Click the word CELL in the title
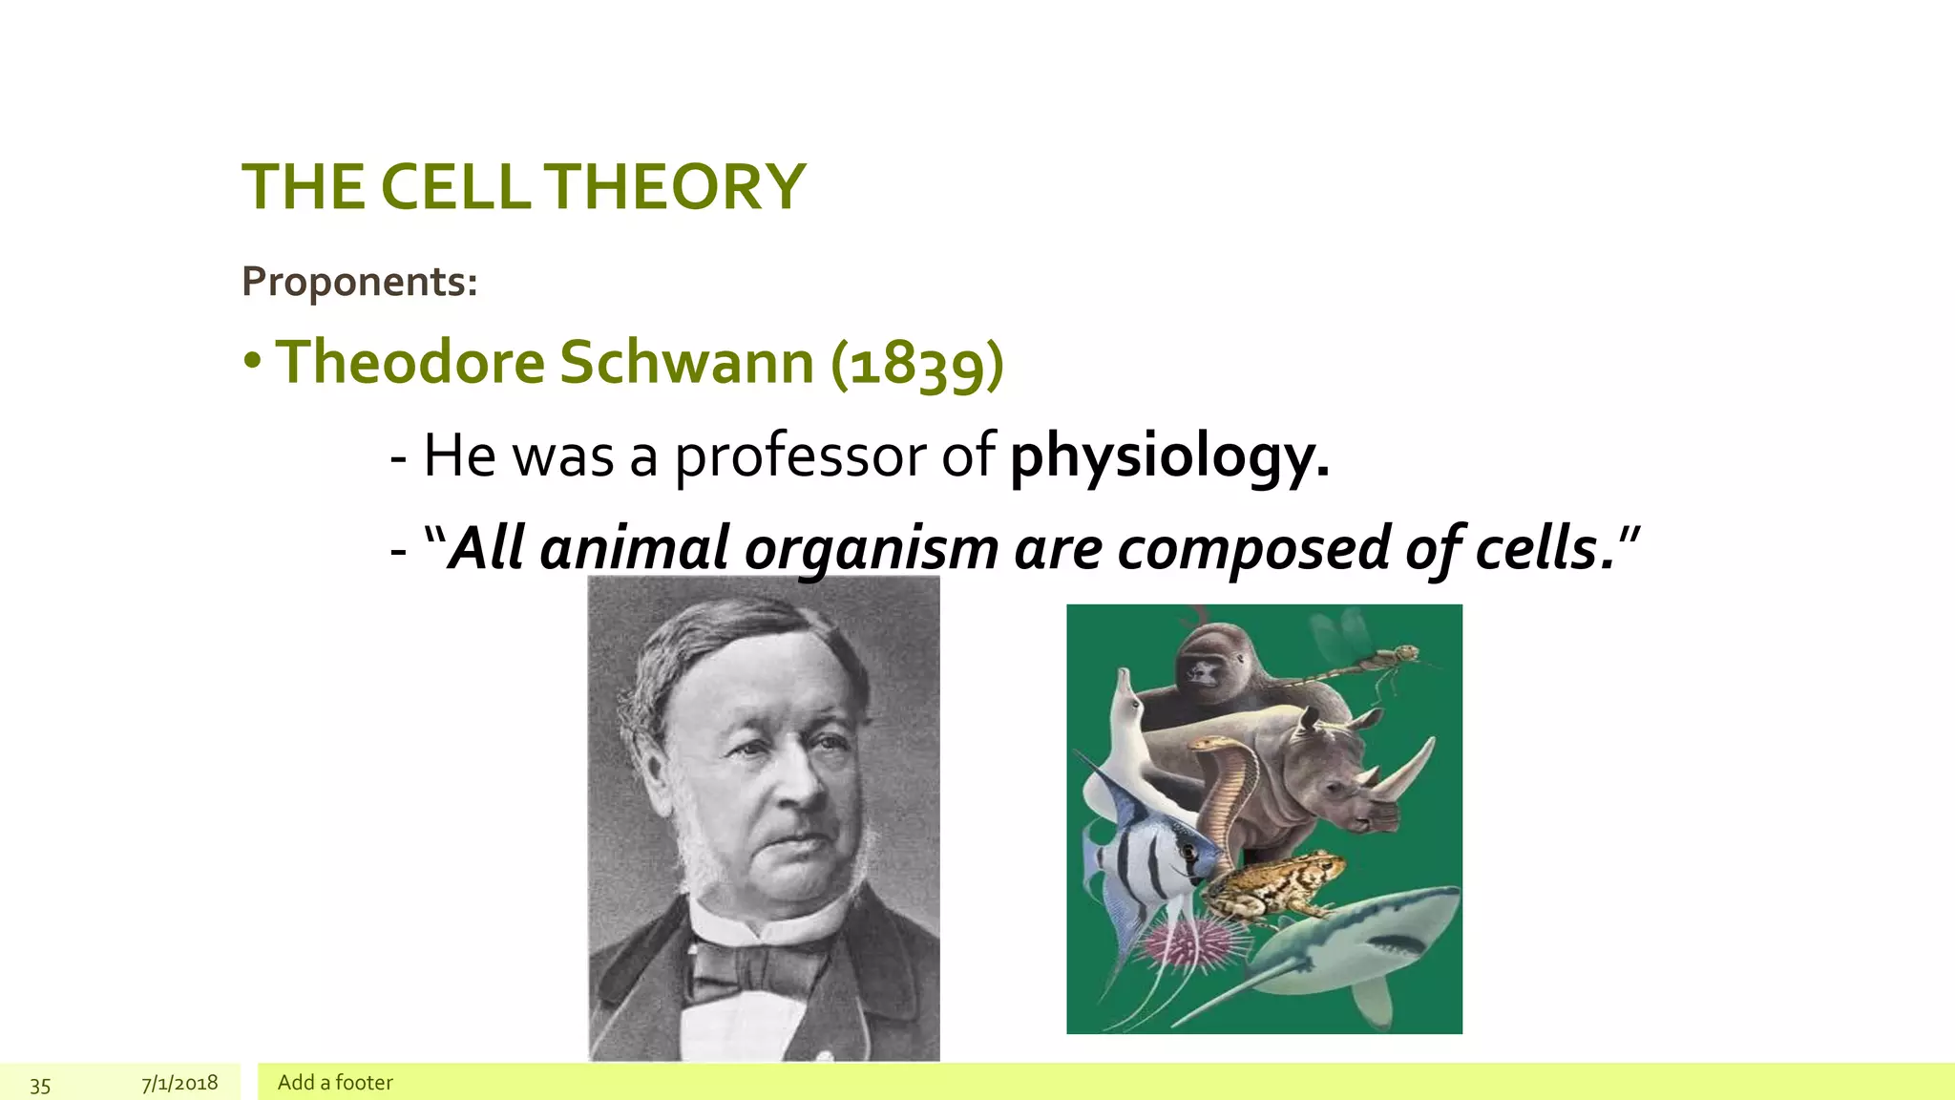tap(455, 186)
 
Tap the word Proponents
tap(359, 282)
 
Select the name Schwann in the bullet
tap(685, 362)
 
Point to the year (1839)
tap(917, 364)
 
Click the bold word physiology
tap(1169, 455)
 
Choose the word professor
tap(800, 455)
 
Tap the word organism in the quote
tap(871, 549)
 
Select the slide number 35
tap(40, 1085)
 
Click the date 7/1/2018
tap(179, 1083)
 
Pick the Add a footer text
tap(335, 1082)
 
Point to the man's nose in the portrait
tap(800, 783)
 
